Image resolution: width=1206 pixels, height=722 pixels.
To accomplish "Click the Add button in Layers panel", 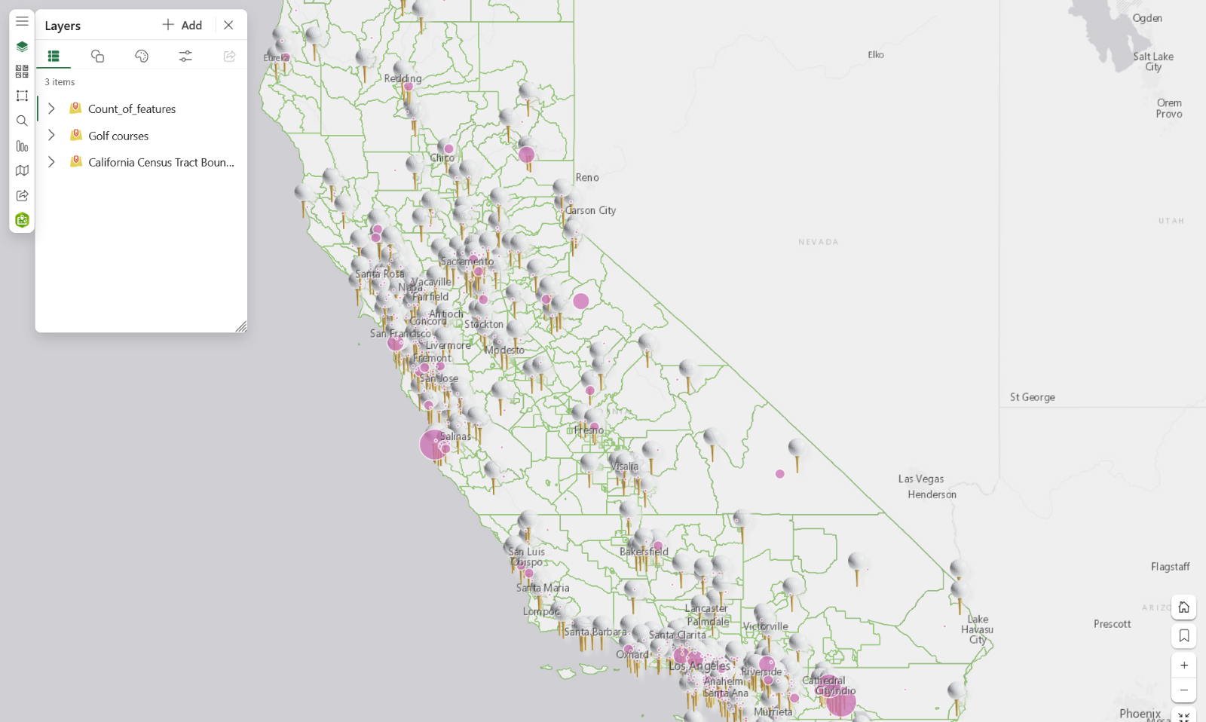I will tap(182, 26).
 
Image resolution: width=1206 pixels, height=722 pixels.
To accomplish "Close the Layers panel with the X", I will tap(228, 26).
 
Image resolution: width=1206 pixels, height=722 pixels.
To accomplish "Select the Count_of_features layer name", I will tap(132, 109).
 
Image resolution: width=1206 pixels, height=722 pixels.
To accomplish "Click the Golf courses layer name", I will tap(118, 136).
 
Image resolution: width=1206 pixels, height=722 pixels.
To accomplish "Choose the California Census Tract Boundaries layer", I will tap(161, 163).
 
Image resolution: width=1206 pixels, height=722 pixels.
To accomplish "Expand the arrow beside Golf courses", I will tap(51, 136).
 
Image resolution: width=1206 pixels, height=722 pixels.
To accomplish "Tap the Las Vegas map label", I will tap(920, 479).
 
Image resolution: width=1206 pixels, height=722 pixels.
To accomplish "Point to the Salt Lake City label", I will tap(1152, 62).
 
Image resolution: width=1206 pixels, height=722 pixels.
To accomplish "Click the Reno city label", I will tap(587, 178).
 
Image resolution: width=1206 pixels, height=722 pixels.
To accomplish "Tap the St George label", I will tap(1032, 397).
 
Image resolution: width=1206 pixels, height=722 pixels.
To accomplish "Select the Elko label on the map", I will tap(875, 55).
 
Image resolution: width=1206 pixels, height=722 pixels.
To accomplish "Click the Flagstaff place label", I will tap(1170, 567).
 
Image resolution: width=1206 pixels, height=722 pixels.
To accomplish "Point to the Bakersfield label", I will tap(644, 552).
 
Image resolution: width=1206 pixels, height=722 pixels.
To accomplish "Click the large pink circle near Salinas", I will tap(433, 445).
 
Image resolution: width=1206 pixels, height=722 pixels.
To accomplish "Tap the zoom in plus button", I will tap(1183, 665).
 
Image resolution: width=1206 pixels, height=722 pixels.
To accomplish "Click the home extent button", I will tap(1183, 607).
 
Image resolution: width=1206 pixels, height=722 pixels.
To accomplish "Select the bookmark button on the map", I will tap(1183, 636).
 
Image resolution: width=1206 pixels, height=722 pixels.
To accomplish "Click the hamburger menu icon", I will tap(22, 21).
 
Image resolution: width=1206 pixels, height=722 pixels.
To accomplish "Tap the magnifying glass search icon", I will tap(22, 121).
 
